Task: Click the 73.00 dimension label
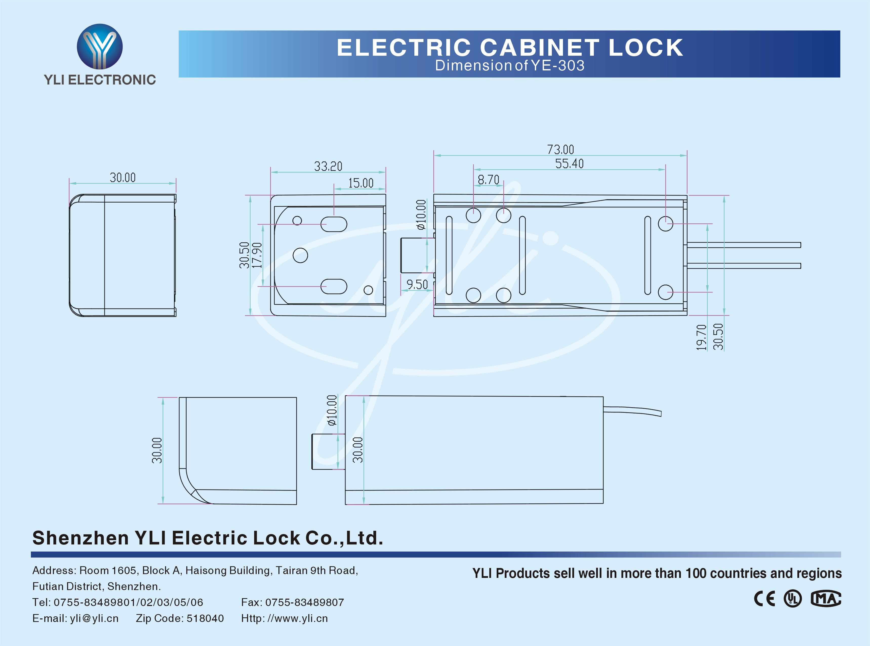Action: [x=560, y=150]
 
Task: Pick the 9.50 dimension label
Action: [x=417, y=285]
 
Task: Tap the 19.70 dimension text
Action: [x=702, y=337]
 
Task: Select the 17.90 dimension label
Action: [x=257, y=255]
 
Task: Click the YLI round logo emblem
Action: [x=100, y=47]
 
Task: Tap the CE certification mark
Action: [x=764, y=599]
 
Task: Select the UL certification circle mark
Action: [x=793, y=599]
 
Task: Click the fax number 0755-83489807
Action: [x=305, y=602]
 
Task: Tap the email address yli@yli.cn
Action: [x=94, y=618]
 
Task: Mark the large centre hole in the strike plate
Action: [x=300, y=255]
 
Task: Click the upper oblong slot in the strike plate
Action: [x=334, y=224]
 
